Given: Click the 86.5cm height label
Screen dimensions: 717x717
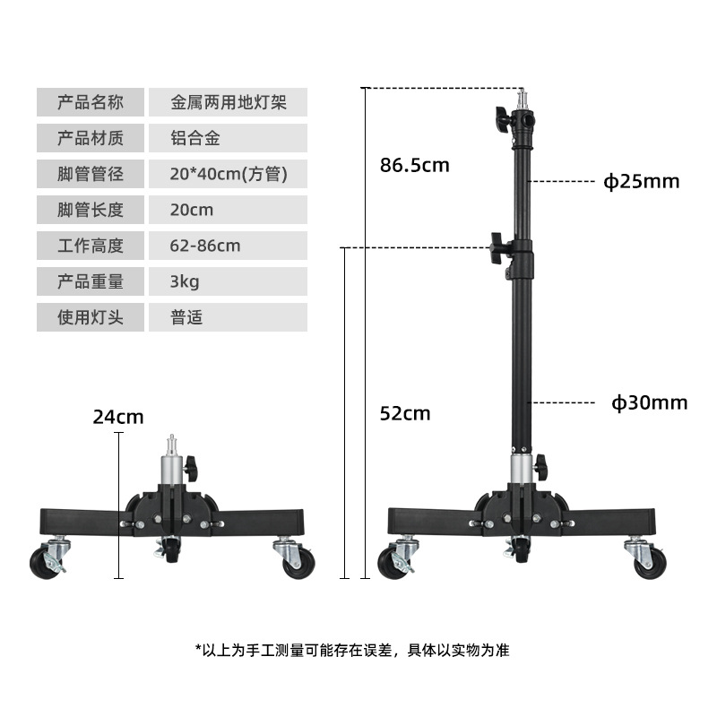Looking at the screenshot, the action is click(413, 165).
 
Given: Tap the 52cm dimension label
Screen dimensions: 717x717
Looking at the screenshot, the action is click(405, 413).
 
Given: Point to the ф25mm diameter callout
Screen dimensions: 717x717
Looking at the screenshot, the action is click(641, 182).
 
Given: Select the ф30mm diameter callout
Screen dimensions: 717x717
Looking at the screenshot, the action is click(650, 402).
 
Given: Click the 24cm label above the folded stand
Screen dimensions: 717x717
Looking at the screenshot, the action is click(117, 417).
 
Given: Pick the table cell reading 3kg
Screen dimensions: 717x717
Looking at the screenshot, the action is click(185, 281).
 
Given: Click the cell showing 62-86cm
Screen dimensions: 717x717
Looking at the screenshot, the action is click(205, 246).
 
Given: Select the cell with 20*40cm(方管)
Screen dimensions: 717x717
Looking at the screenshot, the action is click(229, 174).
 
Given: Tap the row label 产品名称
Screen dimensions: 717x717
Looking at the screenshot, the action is click(90, 102).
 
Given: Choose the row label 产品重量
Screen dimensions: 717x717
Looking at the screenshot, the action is click(90, 281).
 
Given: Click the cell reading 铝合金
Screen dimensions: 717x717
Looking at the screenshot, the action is click(195, 138).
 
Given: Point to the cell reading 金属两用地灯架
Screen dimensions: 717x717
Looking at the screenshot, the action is click(229, 102).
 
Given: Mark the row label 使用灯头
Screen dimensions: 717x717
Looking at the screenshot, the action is click(90, 317).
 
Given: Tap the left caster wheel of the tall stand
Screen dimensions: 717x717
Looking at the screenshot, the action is click(395, 562).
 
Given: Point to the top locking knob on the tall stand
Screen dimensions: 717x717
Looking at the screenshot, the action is click(501, 117).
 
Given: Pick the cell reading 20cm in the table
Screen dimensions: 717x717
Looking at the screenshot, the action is click(192, 210).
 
